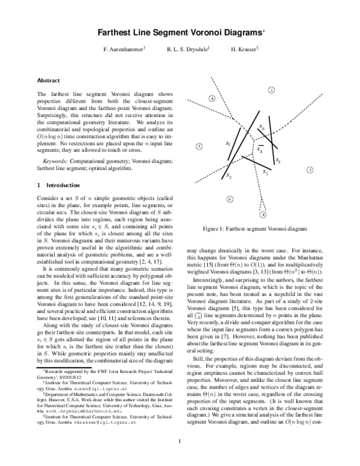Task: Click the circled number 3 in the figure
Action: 271,90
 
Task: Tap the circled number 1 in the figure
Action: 310,170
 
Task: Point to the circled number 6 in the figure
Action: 230,199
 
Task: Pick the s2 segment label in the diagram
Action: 229,176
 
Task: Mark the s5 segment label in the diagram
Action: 278,162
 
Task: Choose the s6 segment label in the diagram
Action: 262,128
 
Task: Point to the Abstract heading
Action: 48,80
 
